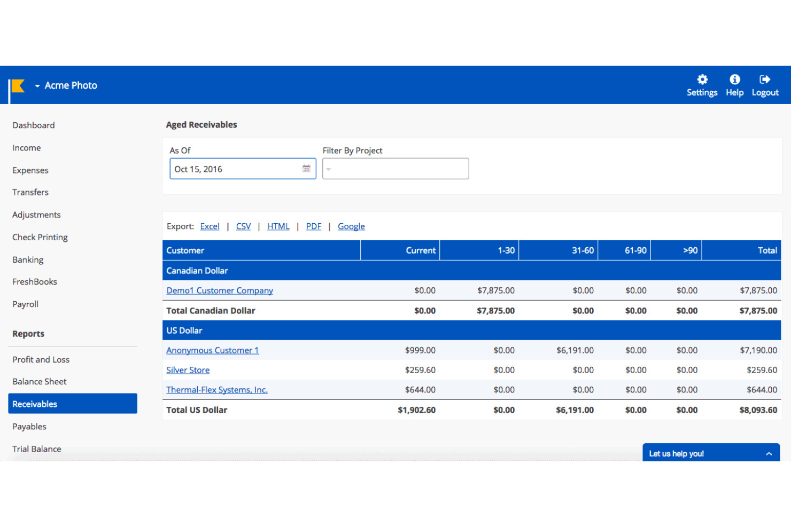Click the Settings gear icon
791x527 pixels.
pyautogui.click(x=702, y=80)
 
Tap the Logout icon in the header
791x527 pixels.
pyautogui.click(x=765, y=80)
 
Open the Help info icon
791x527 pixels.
pyautogui.click(x=734, y=80)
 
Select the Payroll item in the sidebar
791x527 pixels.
pyautogui.click(x=26, y=304)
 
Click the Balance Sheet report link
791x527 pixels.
pyautogui.click(x=40, y=382)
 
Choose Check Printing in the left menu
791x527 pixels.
pyautogui.click(x=40, y=237)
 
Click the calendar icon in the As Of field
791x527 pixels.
pyautogui.click(x=306, y=169)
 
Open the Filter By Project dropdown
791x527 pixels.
pyautogui.click(x=395, y=169)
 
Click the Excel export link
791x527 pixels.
pyautogui.click(x=210, y=226)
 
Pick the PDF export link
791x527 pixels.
pyautogui.click(x=313, y=226)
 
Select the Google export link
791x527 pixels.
pyautogui.click(x=351, y=226)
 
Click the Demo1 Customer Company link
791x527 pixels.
pyautogui.click(x=220, y=290)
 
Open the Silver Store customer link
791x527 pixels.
pyautogui.click(x=188, y=370)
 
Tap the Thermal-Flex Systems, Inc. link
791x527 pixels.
pyautogui.click(x=216, y=390)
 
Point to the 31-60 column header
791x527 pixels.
pyautogui.click(x=583, y=250)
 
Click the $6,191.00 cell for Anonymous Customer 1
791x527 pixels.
pyautogui.click(x=575, y=350)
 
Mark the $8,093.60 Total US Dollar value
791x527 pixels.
pyautogui.click(x=758, y=410)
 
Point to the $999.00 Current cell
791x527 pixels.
pyautogui.click(x=420, y=350)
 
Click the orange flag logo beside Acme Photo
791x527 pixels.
pyautogui.click(x=18, y=86)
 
